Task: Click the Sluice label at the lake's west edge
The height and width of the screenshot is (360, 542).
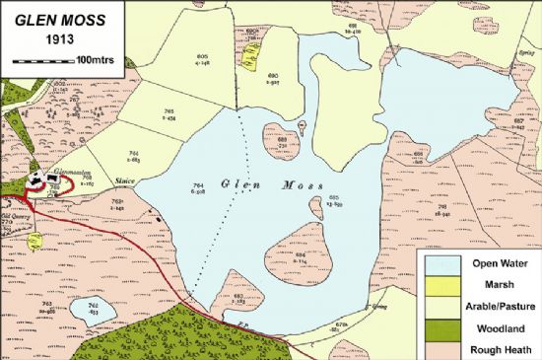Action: [124, 180]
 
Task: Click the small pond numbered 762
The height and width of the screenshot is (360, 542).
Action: [96, 310]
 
